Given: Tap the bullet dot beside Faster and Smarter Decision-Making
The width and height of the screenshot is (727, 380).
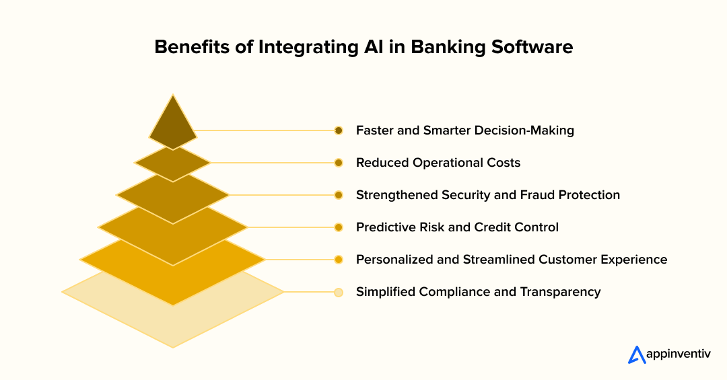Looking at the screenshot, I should [339, 130].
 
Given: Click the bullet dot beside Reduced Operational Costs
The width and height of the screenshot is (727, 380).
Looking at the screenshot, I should [339, 163].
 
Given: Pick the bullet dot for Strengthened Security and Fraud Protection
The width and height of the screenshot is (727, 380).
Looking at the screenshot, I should [339, 195].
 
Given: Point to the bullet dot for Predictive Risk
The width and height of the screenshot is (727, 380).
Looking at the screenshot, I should [339, 227].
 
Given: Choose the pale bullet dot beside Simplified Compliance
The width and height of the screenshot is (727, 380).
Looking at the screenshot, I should [339, 292].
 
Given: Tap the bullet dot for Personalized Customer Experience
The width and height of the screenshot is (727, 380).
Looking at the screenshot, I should [339, 260].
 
